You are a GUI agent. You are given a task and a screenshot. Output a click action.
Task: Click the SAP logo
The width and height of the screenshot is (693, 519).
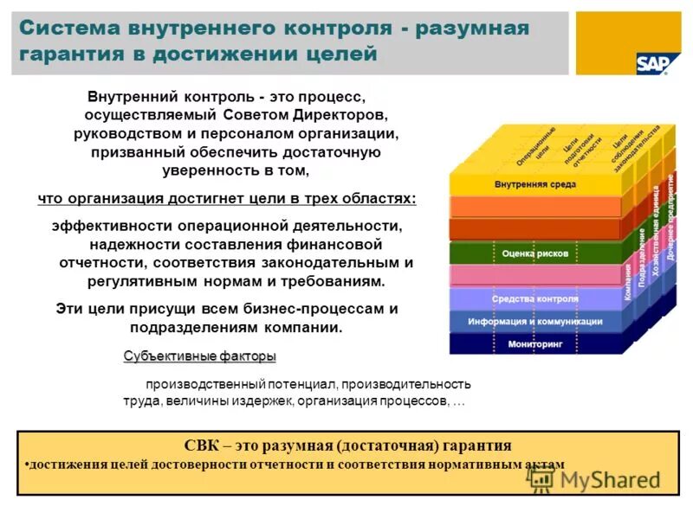651,62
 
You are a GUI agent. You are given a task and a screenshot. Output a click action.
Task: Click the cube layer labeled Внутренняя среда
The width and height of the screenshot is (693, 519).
534,184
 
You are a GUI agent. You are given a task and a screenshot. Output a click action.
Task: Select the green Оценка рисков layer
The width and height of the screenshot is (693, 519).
534,253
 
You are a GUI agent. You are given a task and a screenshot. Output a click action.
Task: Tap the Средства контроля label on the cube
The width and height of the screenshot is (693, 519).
534,299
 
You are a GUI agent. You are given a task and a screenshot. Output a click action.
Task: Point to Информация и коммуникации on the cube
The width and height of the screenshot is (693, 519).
534,322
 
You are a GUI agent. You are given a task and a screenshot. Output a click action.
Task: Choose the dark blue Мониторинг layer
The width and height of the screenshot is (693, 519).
534,344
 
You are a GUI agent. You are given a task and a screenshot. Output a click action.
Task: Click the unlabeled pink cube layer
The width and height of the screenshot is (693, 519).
534,276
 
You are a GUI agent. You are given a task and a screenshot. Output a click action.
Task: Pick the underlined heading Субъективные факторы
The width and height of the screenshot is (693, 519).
200,356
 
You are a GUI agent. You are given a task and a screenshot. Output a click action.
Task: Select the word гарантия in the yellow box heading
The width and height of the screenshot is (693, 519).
474,446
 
